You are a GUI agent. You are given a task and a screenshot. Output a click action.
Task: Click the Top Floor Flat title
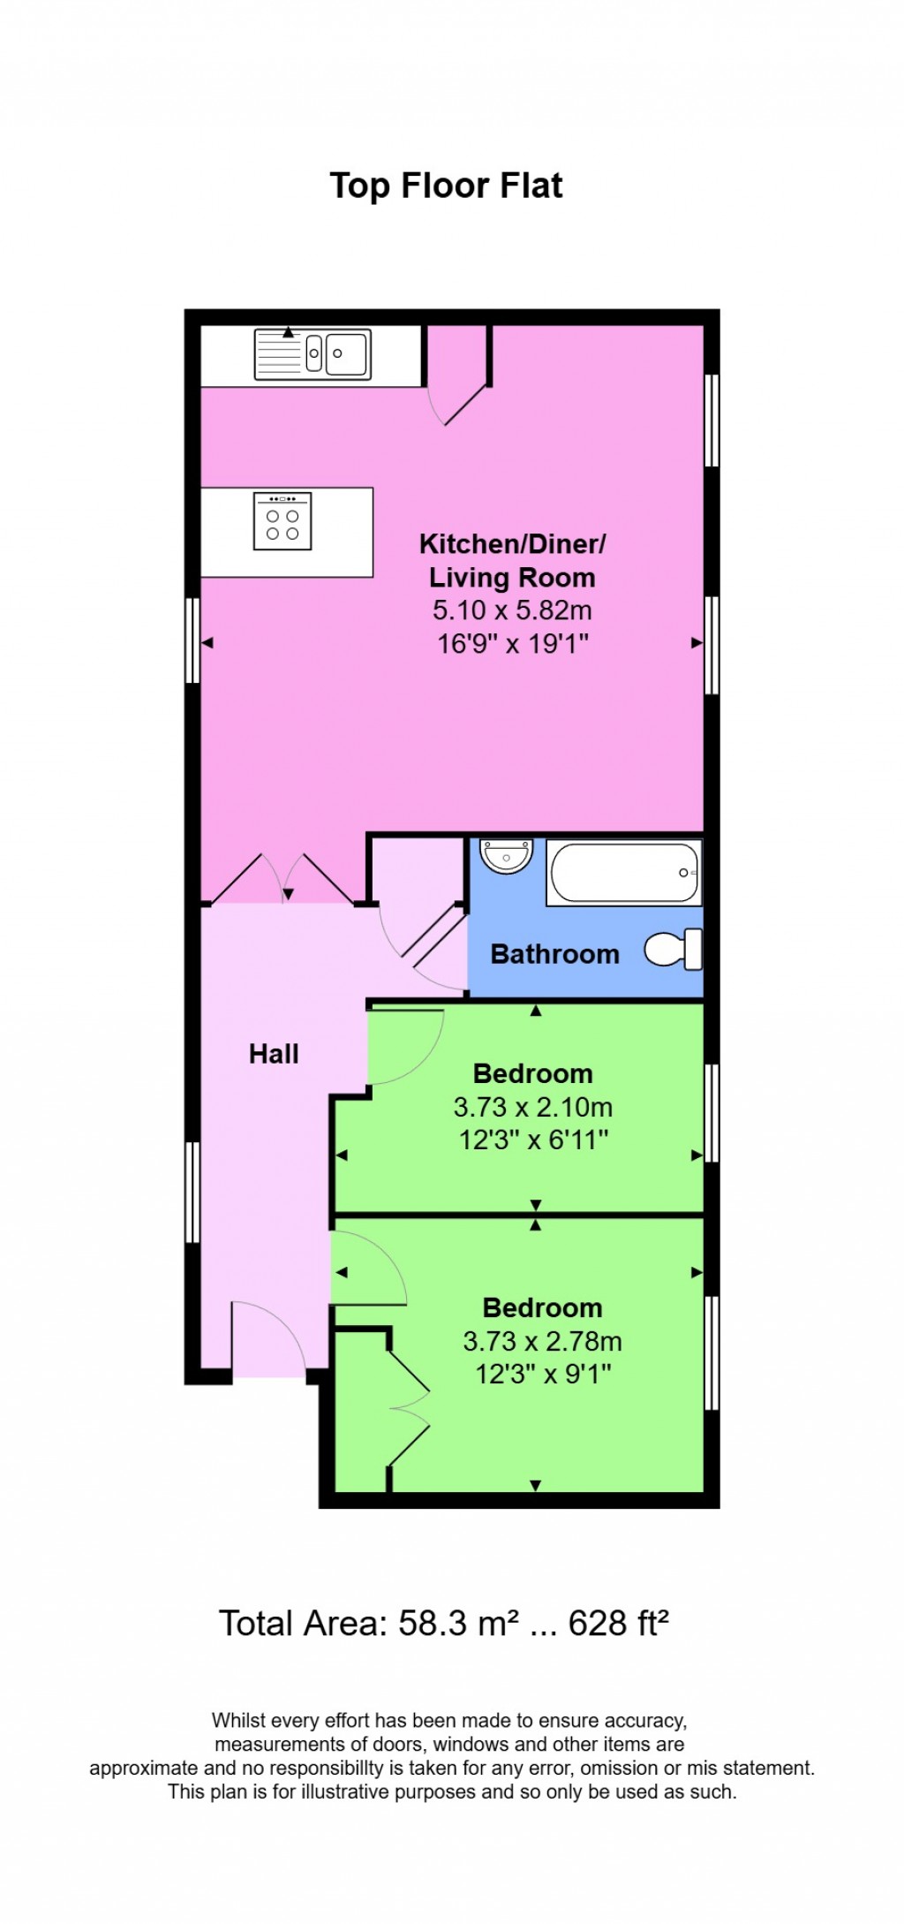(x=446, y=186)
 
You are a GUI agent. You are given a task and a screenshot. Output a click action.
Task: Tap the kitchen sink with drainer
(x=313, y=353)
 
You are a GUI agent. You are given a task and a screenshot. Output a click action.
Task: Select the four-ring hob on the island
(x=282, y=521)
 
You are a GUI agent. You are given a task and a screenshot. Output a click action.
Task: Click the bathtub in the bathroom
(x=624, y=873)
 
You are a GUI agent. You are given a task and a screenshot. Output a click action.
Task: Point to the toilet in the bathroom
(x=675, y=950)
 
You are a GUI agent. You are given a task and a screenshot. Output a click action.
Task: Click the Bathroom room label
(x=554, y=955)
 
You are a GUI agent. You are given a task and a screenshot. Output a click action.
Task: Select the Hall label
(x=274, y=1054)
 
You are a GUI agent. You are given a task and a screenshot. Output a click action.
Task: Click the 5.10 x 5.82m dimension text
(x=512, y=610)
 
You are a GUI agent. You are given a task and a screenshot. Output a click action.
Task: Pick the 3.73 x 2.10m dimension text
(x=533, y=1107)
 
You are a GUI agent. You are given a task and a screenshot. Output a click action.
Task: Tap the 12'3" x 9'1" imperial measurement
(x=543, y=1375)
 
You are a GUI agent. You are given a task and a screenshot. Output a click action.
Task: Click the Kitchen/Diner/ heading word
(x=512, y=544)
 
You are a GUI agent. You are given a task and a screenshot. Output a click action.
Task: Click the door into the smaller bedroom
(x=404, y=1047)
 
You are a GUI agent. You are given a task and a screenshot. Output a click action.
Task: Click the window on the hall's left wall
(x=192, y=1193)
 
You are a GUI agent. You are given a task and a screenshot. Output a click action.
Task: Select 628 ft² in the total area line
(x=618, y=1624)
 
